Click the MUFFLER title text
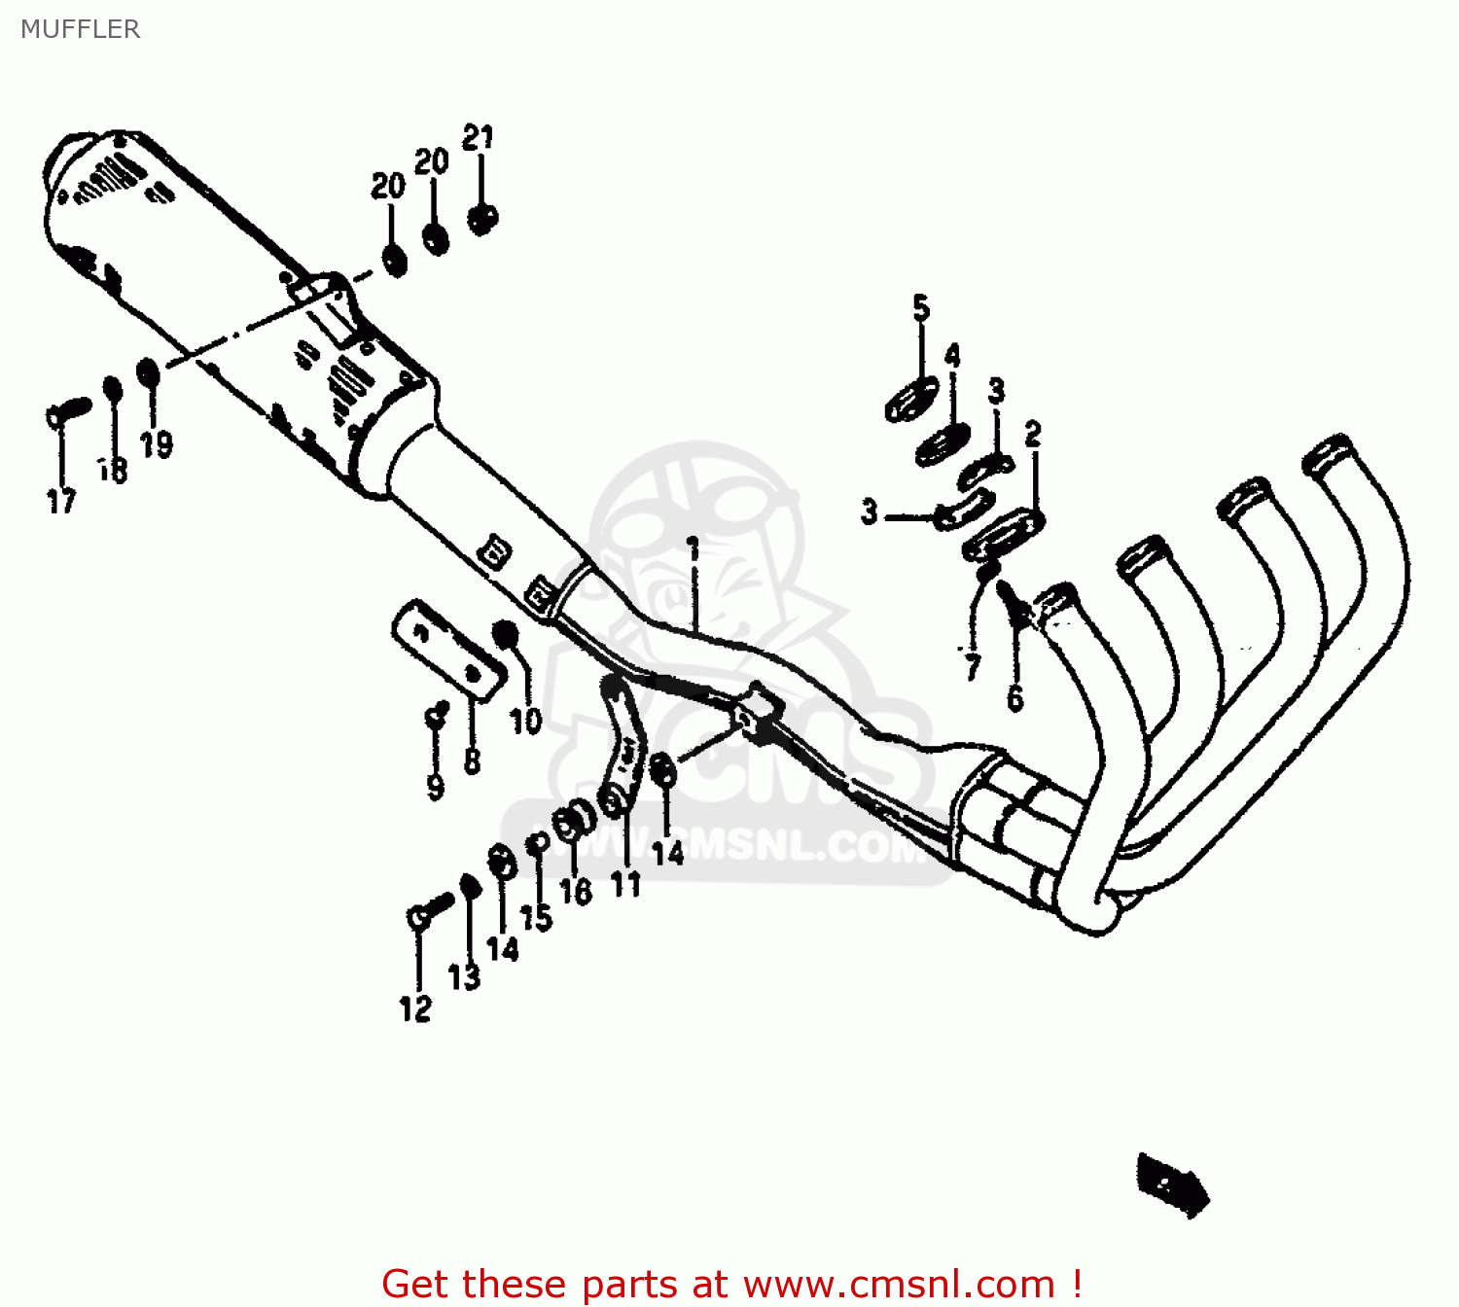(x=81, y=29)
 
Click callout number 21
(x=478, y=138)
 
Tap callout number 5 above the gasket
(x=921, y=308)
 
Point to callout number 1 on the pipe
(x=694, y=549)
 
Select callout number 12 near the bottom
(x=415, y=1008)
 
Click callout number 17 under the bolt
(x=61, y=501)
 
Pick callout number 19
(x=157, y=444)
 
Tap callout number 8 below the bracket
(x=473, y=760)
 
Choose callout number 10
(x=525, y=721)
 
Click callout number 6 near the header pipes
(x=1015, y=697)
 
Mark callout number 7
(x=972, y=667)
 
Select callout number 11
(x=625, y=884)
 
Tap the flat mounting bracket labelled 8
(x=448, y=650)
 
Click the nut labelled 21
(x=480, y=219)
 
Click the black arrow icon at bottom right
(x=1173, y=1183)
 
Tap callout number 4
(x=952, y=356)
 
